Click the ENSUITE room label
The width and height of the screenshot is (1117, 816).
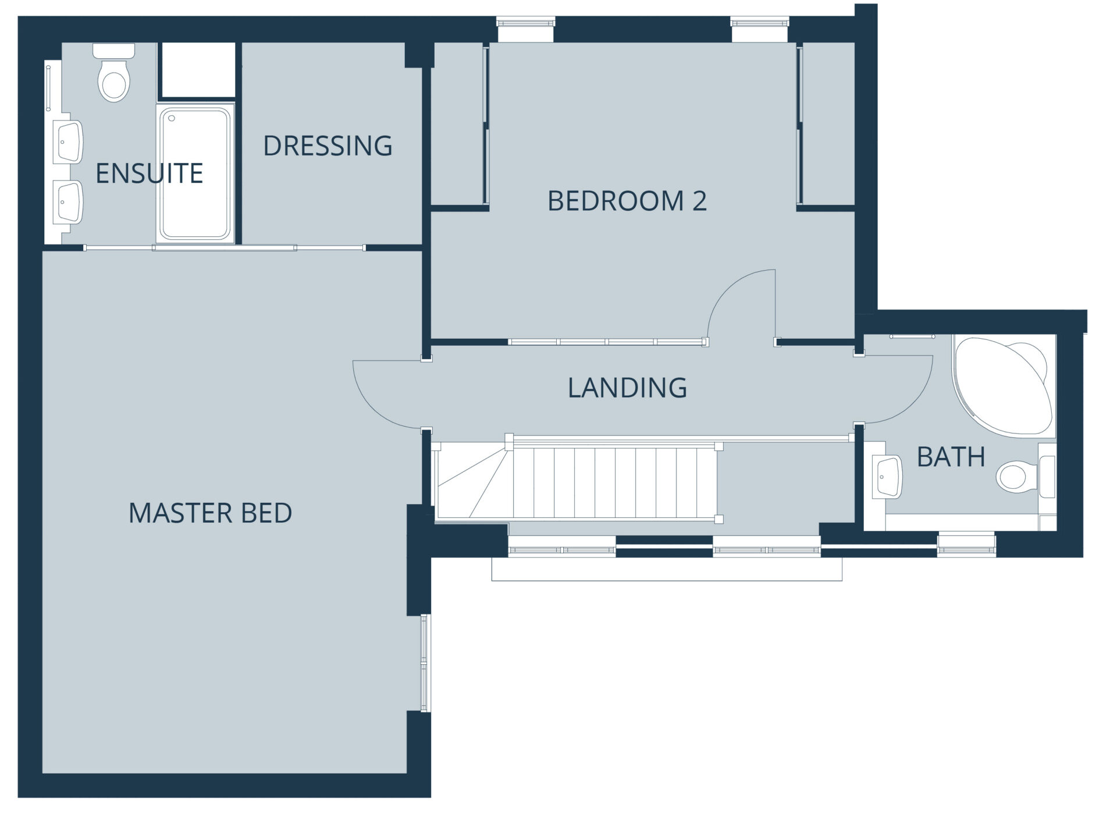(x=149, y=173)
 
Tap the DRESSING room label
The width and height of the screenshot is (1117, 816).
(x=328, y=146)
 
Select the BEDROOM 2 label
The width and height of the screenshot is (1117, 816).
(x=627, y=201)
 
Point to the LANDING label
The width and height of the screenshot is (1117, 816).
(x=627, y=388)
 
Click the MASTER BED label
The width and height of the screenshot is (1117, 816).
(x=210, y=513)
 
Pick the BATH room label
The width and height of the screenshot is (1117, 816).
(x=951, y=457)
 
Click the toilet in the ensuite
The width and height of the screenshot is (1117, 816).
(x=114, y=72)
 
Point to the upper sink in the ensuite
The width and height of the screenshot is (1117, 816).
(x=69, y=142)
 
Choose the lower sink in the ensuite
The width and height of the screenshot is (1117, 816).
(x=69, y=201)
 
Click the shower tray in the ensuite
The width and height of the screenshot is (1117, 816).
(x=195, y=173)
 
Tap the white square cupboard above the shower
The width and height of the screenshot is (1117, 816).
(x=198, y=70)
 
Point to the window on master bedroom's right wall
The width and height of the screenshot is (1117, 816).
(x=425, y=663)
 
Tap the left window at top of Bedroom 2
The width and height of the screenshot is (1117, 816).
(x=526, y=29)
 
